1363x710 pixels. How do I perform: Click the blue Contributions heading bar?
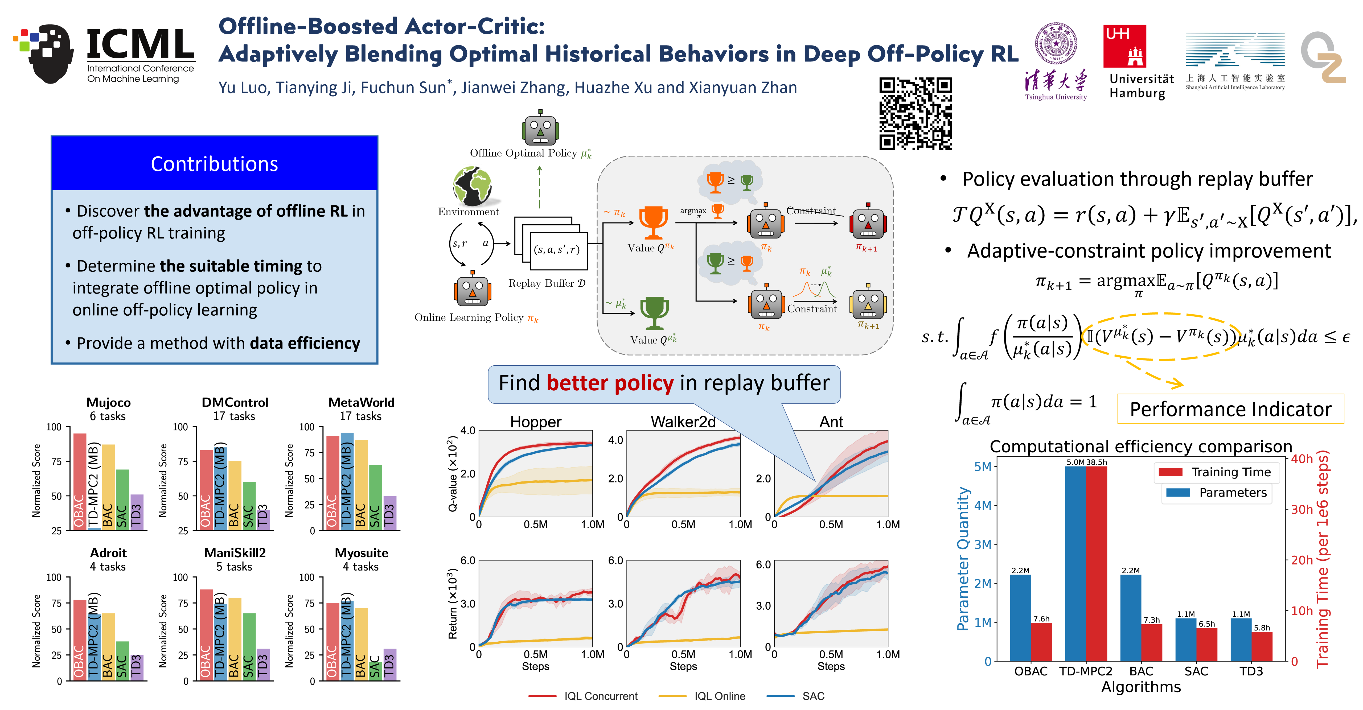(214, 164)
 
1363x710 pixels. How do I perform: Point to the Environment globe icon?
(472, 186)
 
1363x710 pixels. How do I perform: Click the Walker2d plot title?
(683, 422)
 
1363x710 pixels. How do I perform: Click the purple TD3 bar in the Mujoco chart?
(137, 512)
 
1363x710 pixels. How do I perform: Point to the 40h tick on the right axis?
(1302, 459)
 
